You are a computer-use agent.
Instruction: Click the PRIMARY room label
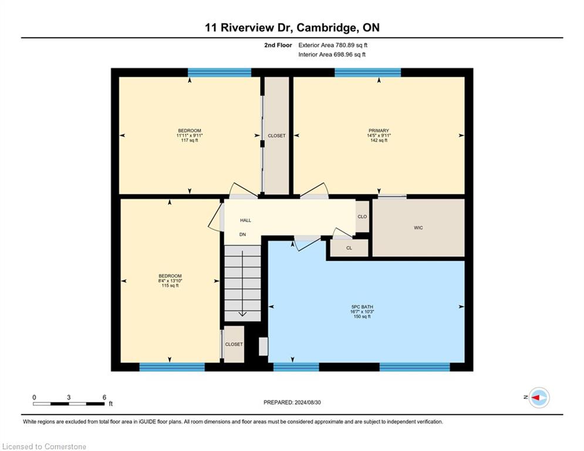click(x=379, y=130)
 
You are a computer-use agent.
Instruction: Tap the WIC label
click(x=418, y=228)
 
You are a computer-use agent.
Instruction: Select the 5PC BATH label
click(x=362, y=307)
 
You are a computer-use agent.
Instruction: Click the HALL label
click(x=245, y=220)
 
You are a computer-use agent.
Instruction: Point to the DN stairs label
click(x=242, y=234)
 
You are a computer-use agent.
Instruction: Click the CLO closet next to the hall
click(x=362, y=217)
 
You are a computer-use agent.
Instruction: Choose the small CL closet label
click(x=349, y=248)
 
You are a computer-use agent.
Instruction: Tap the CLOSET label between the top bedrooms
click(x=276, y=136)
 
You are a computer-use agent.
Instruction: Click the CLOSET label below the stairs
click(x=234, y=344)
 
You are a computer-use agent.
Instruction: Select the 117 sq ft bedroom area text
click(x=190, y=140)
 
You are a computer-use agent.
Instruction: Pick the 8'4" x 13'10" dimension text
click(x=170, y=281)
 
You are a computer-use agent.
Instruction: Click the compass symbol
click(x=539, y=398)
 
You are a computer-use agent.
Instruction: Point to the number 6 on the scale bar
click(x=104, y=398)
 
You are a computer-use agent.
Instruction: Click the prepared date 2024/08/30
click(x=308, y=402)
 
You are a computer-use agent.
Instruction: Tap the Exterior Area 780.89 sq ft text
click(x=333, y=45)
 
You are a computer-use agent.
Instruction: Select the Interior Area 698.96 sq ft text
click(x=332, y=55)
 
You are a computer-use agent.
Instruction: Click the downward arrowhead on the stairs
click(x=242, y=314)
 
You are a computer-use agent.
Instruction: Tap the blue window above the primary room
click(x=367, y=73)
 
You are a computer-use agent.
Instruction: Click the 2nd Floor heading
click(x=278, y=45)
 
